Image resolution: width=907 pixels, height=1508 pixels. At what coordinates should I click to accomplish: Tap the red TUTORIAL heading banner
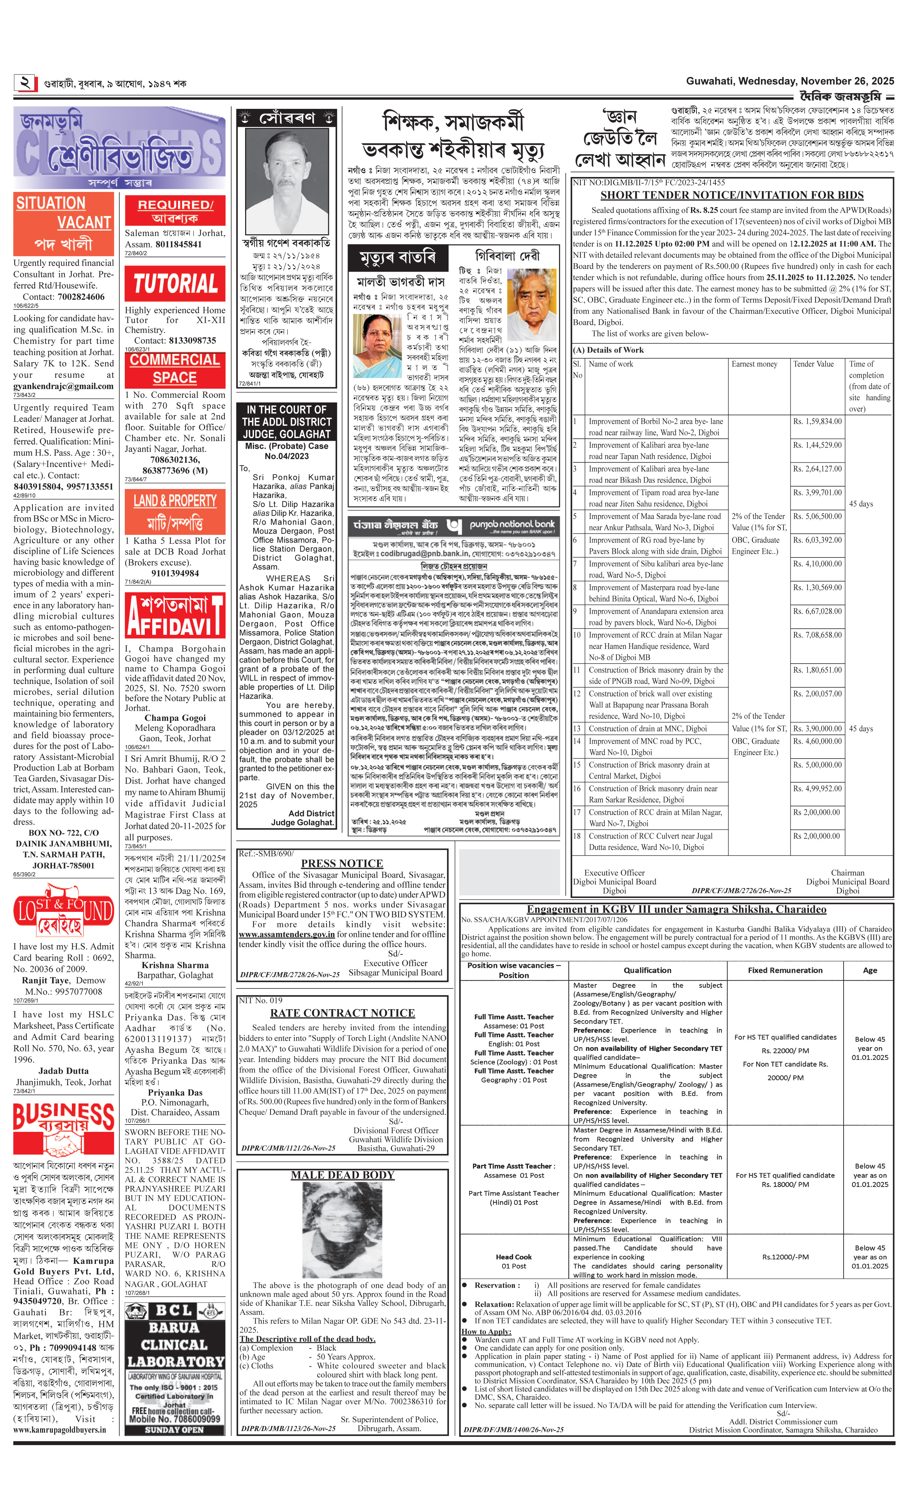tap(175, 283)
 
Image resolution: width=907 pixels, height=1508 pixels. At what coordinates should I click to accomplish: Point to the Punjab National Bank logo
tap(454, 526)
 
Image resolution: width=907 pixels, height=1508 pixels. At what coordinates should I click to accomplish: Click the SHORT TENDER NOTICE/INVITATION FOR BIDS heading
tap(732, 195)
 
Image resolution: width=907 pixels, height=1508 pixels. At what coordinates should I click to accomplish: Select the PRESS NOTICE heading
tap(342, 863)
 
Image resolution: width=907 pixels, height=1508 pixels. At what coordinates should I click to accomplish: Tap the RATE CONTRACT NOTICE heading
tap(342, 1013)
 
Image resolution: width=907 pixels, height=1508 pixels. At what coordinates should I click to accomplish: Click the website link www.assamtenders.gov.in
tap(287, 934)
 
